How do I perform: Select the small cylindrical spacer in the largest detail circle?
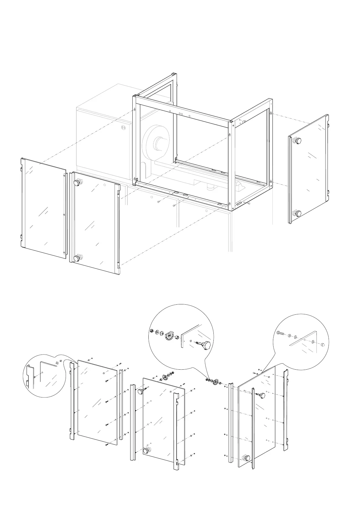point(178,337)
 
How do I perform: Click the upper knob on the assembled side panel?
point(298,141)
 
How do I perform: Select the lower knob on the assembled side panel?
point(298,213)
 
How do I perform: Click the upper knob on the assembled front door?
point(78,182)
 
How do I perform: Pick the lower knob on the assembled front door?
point(77,258)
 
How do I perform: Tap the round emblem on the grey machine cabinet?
point(123,128)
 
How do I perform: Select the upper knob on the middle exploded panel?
point(140,392)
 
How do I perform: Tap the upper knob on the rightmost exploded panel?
point(261,395)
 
